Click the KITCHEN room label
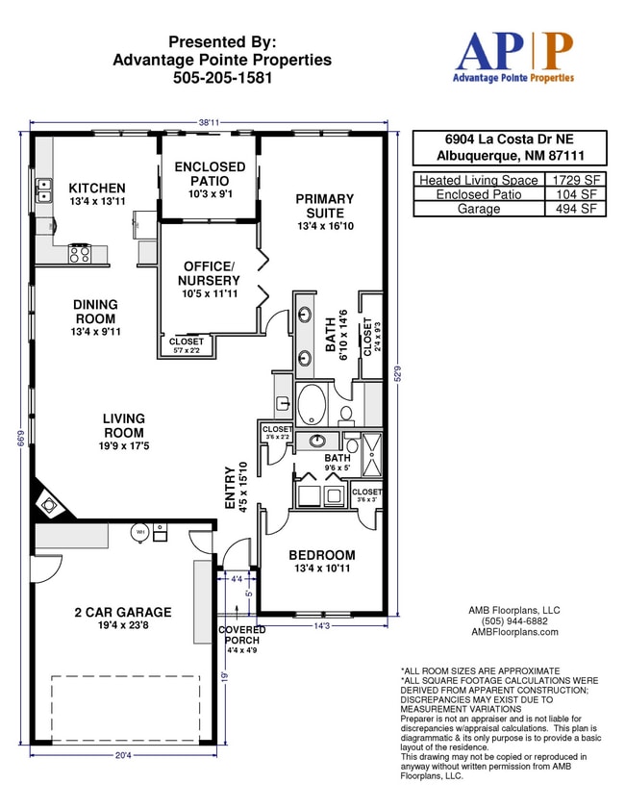[96, 188]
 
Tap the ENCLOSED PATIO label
[210, 174]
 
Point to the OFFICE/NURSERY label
[209, 273]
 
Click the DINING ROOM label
[95, 312]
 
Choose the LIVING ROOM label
[124, 425]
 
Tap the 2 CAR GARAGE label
[123, 612]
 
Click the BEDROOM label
[322, 555]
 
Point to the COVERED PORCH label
[241, 636]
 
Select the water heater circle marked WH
[139, 531]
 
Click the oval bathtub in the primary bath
[312, 405]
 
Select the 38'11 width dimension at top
[209, 123]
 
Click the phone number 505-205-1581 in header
[222, 77]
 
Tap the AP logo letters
[513, 50]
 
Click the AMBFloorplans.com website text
[513, 632]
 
